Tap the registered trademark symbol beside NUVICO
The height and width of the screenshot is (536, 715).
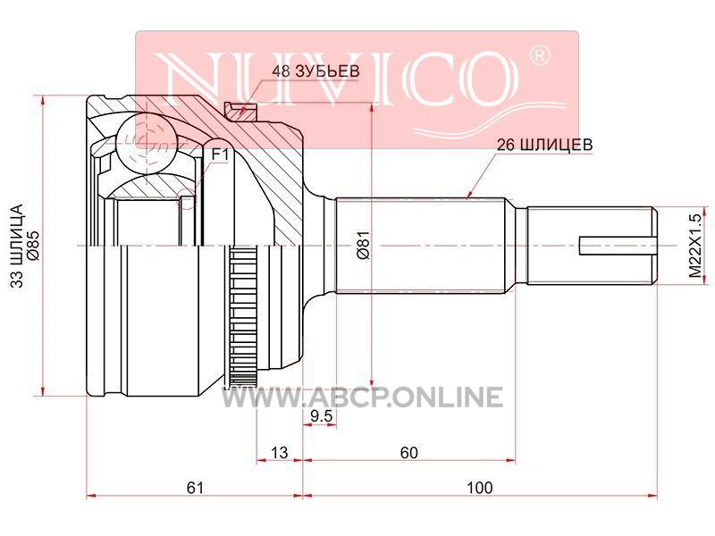539,55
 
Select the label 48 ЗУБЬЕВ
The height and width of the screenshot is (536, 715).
315,71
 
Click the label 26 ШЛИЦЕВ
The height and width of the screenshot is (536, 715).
544,145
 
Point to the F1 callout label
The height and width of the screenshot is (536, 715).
219,155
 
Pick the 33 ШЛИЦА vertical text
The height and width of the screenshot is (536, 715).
17,247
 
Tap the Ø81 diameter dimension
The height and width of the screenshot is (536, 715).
364,244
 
